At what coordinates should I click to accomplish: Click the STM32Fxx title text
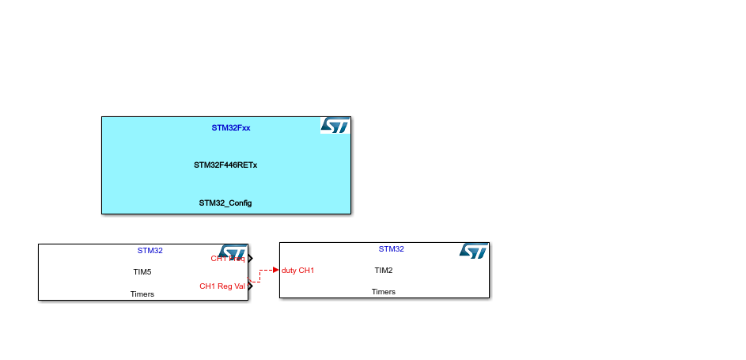pos(231,127)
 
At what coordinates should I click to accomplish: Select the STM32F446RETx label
pos(225,165)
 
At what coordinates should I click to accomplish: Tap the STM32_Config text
pos(225,203)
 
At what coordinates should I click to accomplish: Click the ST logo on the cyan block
pos(335,126)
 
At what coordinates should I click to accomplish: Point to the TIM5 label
pos(142,272)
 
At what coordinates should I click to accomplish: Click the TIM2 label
pos(384,270)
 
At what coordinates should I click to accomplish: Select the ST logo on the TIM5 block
pos(233,252)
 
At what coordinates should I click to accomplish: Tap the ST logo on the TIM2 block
pos(474,252)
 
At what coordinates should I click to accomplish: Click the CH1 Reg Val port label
pos(222,286)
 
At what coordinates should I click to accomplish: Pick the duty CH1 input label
pos(298,271)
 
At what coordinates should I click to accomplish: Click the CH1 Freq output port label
pos(227,259)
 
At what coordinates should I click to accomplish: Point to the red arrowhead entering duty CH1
pos(275,271)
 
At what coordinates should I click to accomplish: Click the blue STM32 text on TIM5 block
pos(150,251)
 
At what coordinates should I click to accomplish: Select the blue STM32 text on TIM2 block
pos(391,249)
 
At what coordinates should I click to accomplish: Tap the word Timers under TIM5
pos(142,294)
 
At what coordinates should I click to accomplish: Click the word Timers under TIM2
pos(384,292)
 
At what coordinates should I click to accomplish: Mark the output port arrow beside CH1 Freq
pos(250,259)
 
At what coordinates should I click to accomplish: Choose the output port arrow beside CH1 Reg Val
pos(250,286)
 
